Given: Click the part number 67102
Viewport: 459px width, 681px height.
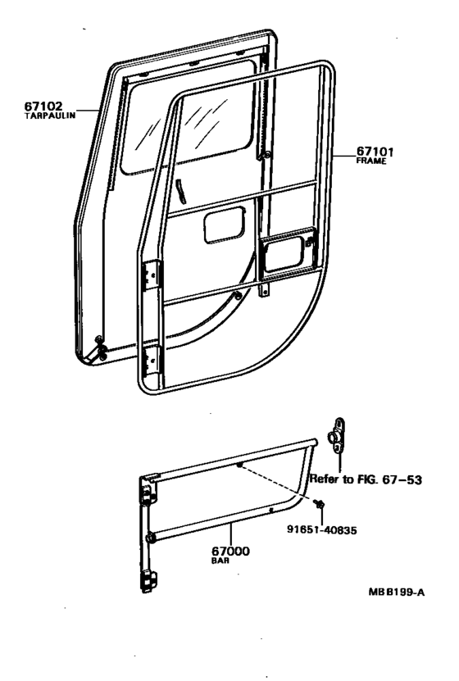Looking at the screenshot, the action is tap(43, 106).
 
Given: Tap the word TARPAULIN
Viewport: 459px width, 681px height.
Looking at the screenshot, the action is tap(49, 116).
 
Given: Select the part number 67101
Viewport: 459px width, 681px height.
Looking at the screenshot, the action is tap(375, 152).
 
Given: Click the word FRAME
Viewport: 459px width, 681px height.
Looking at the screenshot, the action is tap(370, 161).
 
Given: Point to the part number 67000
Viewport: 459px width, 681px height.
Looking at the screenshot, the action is tap(230, 552).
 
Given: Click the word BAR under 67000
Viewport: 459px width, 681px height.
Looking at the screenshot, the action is tap(220, 561).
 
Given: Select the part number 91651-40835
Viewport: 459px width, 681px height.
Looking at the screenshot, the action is tap(322, 530).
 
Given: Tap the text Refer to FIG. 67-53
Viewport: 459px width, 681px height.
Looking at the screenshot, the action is tap(366, 479).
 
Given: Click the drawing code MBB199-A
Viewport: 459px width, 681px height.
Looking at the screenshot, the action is tap(397, 592).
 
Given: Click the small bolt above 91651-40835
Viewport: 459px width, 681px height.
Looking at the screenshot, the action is tap(319, 504).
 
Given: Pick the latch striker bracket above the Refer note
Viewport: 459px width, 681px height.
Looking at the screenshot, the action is tap(338, 436).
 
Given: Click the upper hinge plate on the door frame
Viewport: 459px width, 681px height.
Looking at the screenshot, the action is tap(152, 276).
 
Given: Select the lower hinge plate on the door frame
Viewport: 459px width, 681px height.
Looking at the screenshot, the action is tap(152, 361).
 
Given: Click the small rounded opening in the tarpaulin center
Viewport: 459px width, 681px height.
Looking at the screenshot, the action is tap(224, 225).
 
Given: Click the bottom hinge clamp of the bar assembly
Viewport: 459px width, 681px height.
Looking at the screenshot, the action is tap(149, 582).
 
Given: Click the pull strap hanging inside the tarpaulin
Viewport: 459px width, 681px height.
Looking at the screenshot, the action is tap(180, 190).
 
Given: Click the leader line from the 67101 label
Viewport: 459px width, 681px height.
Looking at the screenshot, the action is tap(345, 155).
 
